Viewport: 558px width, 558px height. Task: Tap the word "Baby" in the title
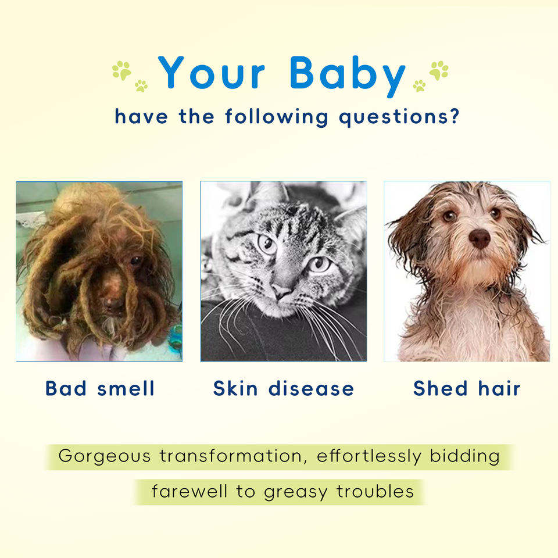pos(348,76)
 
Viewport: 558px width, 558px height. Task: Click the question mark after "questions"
pos(455,116)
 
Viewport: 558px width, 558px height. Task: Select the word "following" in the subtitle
pos(277,117)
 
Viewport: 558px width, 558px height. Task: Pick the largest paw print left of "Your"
pos(121,70)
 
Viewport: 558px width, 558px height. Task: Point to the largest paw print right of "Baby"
pos(439,70)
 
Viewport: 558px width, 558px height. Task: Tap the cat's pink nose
pos(281,292)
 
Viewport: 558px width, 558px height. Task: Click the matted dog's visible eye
pos(135,260)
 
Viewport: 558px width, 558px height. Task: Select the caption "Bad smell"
pos(100,388)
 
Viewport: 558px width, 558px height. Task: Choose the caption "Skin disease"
pos(284,388)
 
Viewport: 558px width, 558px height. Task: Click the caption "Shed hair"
pos(467,388)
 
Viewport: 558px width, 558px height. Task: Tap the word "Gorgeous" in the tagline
pos(105,456)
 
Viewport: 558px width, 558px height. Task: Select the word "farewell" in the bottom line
pos(189,491)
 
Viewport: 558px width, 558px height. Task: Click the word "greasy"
pos(295,492)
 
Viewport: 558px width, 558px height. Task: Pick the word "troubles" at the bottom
pos(375,491)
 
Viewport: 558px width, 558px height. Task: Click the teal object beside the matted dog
pos(175,337)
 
